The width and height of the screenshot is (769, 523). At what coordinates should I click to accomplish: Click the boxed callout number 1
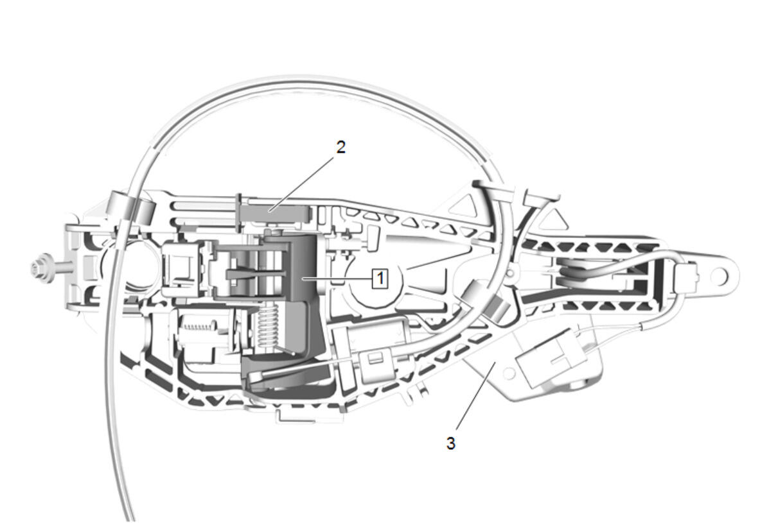tap(380, 278)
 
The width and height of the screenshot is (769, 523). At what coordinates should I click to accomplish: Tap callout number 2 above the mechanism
tap(341, 147)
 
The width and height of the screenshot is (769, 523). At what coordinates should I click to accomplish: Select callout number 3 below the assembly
tap(451, 443)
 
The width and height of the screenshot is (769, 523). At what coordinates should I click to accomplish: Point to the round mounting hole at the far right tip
tap(719, 276)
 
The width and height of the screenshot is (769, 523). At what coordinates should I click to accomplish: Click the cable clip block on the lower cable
tap(378, 365)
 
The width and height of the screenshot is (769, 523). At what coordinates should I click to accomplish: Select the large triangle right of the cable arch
tap(554, 218)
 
